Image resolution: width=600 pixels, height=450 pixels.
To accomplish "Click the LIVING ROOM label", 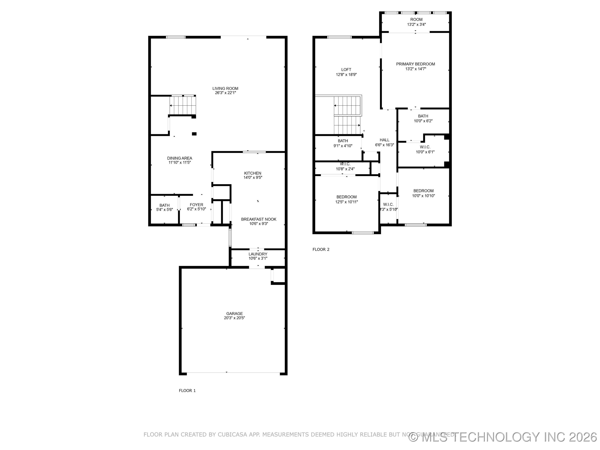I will tap(225, 88).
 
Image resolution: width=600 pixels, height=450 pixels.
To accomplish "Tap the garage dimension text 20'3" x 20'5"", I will tap(234, 318).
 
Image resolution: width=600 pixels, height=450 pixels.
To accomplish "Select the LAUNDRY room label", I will tap(258, 254).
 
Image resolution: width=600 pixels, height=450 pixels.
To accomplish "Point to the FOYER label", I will tap(196, 205).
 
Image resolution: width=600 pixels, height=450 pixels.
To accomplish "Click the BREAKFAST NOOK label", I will tap(259, 219).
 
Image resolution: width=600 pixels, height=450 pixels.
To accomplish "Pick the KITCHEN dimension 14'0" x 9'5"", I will tap(253, 178).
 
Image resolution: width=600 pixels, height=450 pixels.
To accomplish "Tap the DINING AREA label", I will tap(180, 158).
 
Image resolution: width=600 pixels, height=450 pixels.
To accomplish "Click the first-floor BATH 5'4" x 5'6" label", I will tap(164, 205).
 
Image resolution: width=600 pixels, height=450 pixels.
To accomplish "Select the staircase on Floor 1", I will tap(182, 105).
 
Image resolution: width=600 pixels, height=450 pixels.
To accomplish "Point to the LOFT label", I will tap(346, 70).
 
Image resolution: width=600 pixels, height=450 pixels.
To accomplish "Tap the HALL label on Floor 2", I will tap(384, 140).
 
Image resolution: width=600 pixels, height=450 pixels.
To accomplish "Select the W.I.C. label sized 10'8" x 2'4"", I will tap(345, 164).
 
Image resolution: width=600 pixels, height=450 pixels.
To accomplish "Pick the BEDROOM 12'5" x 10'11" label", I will tap(346, 197).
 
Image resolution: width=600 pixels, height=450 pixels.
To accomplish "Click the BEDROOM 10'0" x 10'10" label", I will tap(423, 191).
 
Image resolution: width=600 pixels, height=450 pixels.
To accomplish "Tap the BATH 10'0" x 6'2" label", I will tap(423, 116).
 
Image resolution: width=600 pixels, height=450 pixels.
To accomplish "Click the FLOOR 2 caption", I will tap(321, 249).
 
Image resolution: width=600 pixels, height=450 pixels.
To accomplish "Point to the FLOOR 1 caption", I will tap(187, 391).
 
